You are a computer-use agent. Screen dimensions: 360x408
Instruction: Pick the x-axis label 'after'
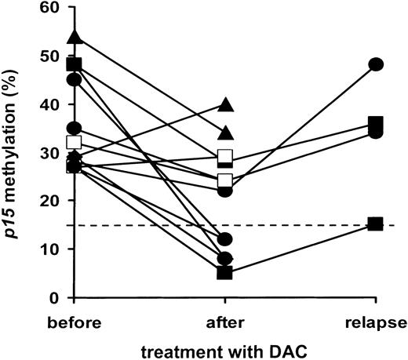[224, 322]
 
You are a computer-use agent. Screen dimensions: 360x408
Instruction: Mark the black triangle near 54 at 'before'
[75, 37]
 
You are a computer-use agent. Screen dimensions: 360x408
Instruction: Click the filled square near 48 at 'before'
[75, 64]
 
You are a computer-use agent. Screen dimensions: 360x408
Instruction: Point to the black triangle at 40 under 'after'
[225, 104]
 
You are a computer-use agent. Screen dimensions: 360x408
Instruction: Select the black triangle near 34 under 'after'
[225, 133]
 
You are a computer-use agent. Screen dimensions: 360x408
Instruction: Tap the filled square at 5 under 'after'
[225, 273]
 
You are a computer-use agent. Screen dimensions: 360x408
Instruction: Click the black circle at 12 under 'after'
[225, 239]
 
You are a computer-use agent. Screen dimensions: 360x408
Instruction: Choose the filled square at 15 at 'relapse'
[377, 224]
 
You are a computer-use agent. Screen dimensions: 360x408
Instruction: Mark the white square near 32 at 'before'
[75, 143]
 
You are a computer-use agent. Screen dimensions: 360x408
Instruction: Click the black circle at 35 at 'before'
[75, 129]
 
